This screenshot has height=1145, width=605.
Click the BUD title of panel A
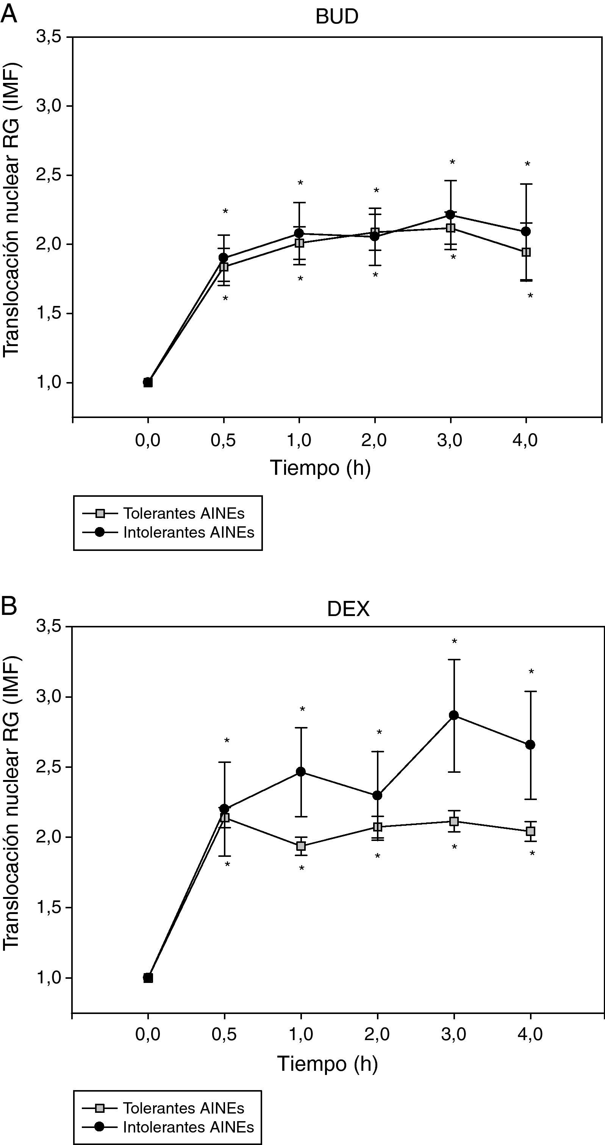[x=337, y=17]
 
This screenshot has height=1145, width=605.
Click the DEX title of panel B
[x=348, y=608]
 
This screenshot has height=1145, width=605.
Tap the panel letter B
[x=9, y=605]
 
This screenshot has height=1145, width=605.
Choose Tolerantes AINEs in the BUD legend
[x=183, y=513]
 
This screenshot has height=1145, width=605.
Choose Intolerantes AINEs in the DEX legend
[x=188, y=1127]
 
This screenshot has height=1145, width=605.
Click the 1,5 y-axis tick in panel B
[x=48, y=908]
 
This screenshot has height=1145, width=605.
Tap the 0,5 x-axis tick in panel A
[x=223, y=440]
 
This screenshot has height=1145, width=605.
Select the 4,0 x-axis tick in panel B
[x=530, y=1034]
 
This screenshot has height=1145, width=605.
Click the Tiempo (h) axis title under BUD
[x=320, y=468]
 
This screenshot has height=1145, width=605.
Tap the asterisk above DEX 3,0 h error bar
[x=454, y=641]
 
